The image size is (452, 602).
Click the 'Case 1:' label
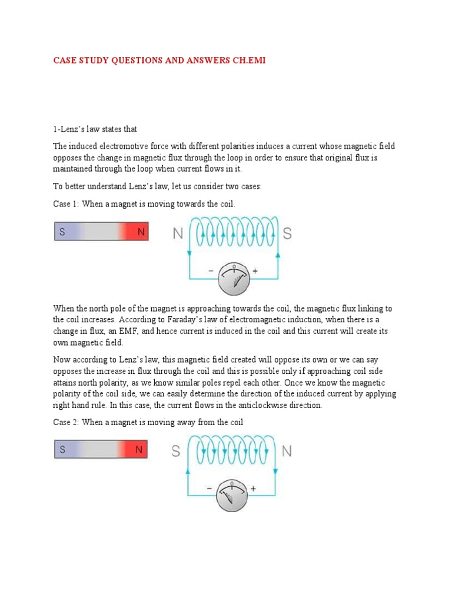click(67, 203)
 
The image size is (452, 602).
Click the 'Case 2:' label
click(67, 422)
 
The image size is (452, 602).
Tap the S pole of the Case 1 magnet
click(62, 232)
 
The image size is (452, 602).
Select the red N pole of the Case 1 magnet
click(141, 232)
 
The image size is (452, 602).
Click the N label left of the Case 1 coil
click(178, 234)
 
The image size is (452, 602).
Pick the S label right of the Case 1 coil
click(287, 233)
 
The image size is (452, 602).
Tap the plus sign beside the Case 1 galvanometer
click(255, 271)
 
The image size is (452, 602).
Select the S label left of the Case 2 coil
click(176, 451)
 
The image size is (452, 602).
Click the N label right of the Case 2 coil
click(287, 451)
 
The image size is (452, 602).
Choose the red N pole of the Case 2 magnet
click(139, 450)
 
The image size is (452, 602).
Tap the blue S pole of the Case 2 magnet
click(62, 450)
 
